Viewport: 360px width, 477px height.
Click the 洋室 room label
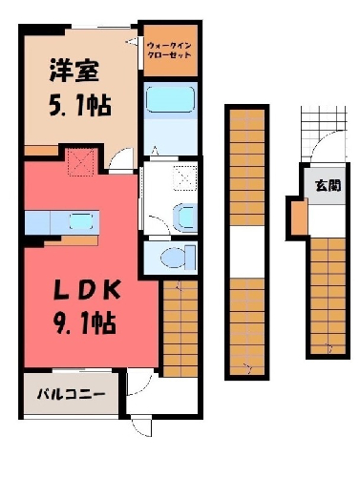pos(74,71)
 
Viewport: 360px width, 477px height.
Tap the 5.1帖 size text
pos(80,106)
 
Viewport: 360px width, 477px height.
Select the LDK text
pos(88,290)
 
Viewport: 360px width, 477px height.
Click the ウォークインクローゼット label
pos(169,50)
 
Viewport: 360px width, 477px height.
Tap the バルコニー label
pos(71,395)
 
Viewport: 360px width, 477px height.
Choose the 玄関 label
pos(328,185)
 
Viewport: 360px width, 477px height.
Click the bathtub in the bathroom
pos(170,100)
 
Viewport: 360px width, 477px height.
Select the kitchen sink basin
pos(81,221)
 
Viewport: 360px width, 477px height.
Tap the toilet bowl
pos(173,258)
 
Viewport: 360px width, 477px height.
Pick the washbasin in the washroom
pos(183,218)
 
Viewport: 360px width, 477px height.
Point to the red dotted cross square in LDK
pos(81,161)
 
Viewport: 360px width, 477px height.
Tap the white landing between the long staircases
pos(247,252)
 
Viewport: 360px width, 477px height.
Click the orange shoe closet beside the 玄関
pos(300,217)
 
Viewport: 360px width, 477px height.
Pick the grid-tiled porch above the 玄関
pos(323,134)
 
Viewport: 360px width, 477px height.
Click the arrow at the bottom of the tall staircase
pos(248,368)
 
